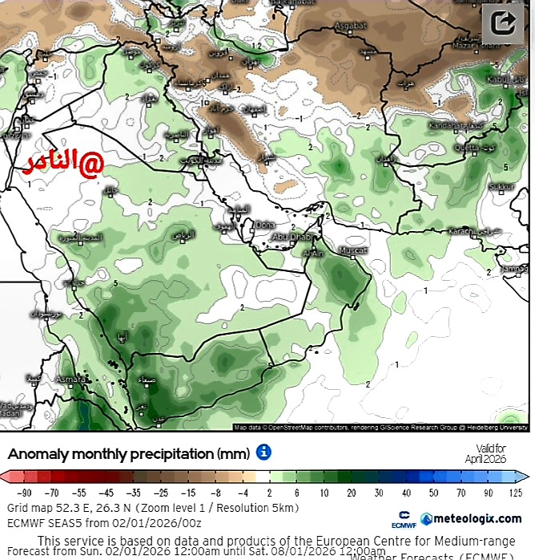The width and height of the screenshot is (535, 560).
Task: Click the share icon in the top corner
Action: [504, 22]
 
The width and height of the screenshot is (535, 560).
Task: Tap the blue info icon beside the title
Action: [263, 452]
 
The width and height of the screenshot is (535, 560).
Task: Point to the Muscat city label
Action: [354, 251]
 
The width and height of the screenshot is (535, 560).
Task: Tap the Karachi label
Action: [461, 231]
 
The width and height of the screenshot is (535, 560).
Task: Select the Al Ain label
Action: [312, 254]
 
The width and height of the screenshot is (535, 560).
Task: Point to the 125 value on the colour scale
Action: [514, 493]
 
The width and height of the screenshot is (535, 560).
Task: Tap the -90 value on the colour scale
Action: [24, 493]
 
